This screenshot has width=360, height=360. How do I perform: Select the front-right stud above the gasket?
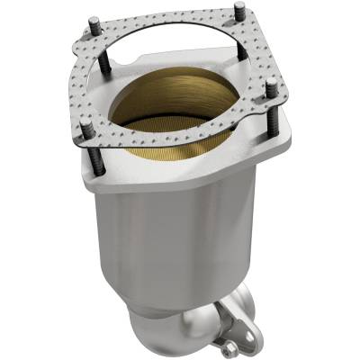pyautogui.click(x=270, y=86)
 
